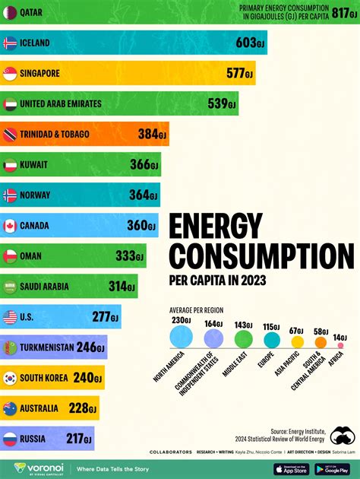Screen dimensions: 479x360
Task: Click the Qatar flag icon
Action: pos(10,12)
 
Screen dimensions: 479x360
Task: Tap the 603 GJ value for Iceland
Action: pos(248,43)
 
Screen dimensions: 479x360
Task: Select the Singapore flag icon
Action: pos(10,74)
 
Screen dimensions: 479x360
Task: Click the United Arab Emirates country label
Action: pos(61,104)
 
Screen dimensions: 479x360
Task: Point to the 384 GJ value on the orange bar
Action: pos(152,135)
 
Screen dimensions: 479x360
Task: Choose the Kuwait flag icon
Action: pos(10,165)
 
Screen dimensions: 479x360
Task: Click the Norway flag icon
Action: pos(10,195)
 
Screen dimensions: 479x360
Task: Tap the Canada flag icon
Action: pos(10,226)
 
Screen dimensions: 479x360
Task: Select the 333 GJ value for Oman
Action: pos(130,256)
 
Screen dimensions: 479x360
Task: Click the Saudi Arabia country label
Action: pos(46,287)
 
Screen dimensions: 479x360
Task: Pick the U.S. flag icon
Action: pos(10,317)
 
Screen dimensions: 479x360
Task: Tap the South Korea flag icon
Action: pos(10,378)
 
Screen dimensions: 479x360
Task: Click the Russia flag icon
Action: pos(10,439)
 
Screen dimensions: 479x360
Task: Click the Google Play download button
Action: pos(333,468)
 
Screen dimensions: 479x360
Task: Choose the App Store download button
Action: pos(292,468)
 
